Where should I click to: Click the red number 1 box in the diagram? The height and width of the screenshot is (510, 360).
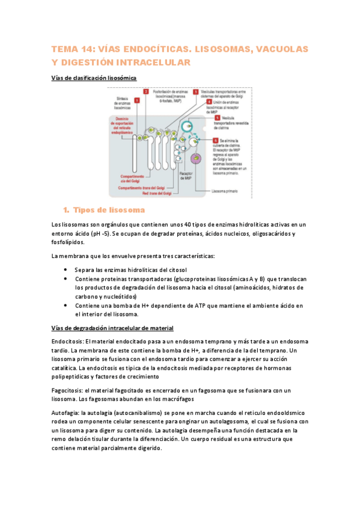click(138, 100)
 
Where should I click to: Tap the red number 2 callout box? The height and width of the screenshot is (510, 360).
click(146, 91)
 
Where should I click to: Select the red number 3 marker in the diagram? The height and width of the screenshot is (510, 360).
click(196, 91)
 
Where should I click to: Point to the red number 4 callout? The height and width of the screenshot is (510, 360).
click(209, 102)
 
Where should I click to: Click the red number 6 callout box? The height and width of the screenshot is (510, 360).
click(215, 140)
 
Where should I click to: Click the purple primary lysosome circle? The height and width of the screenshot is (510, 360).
click(195, 159)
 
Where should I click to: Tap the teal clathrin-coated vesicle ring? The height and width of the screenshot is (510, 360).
click(188, 127)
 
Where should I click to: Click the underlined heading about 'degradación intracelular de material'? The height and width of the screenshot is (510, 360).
click(113, 328)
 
